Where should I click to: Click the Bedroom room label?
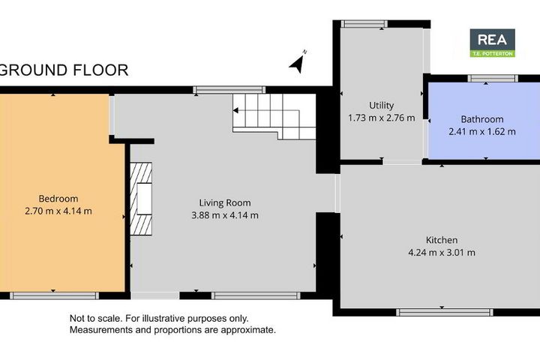click(x=58, y=199)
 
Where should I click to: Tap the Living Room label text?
click(x=225, y=203)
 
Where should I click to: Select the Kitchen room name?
click(x=442, y=240)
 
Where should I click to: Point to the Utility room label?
click(x=381, y=106)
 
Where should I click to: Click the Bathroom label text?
click(x=482, y=119)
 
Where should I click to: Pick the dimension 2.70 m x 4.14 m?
click(x=58, y=211)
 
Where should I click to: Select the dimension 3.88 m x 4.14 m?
click(x=225, y=215)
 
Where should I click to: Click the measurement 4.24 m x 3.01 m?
click(x=442, y=253)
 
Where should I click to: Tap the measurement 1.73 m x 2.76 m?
click(x=381, y=118)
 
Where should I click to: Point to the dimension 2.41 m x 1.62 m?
click(x=482, y=131)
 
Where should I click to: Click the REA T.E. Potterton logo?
click(x=493, y=43)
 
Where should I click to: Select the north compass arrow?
click(x=298, y=62)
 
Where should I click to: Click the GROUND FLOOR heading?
click(x=64, y=70)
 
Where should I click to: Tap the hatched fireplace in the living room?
click(x=141, y=199)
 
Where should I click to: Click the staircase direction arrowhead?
click(x=235, y=110)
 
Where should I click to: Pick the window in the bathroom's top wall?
click(x=493, y=79)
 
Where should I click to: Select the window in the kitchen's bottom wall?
click(x=445, y=313)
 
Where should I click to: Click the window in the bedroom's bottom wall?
click(x=54, y=295)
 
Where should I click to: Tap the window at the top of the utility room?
click(x=364, y=24)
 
